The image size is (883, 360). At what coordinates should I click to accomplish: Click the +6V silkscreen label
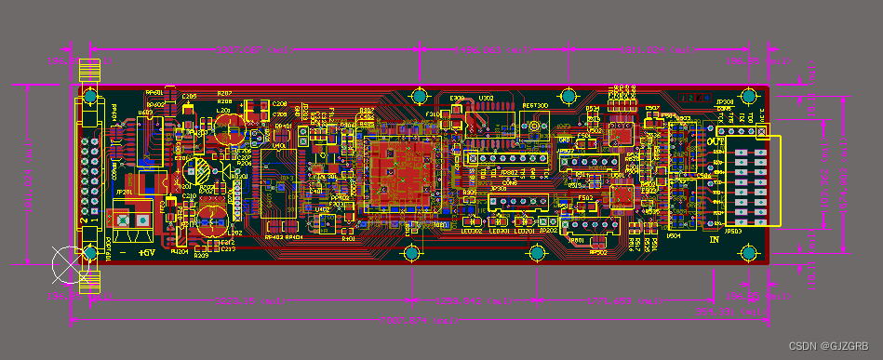click(x=146, y=252)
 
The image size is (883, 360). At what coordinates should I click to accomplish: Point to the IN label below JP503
click(x=715, y=240)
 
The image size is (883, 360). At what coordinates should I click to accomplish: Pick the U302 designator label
click(x=485, y=98)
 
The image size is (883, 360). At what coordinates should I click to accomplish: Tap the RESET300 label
click(x=535, y=106)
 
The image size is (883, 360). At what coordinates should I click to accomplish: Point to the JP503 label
click(x=733, y=232)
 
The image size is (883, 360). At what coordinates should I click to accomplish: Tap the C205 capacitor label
click(x=189, y=96)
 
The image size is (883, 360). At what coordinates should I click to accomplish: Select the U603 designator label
click(x=145, y=114)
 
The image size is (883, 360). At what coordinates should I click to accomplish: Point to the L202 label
click(x=235, y=233)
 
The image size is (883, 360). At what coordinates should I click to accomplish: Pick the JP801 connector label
click(x=576, y=240)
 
